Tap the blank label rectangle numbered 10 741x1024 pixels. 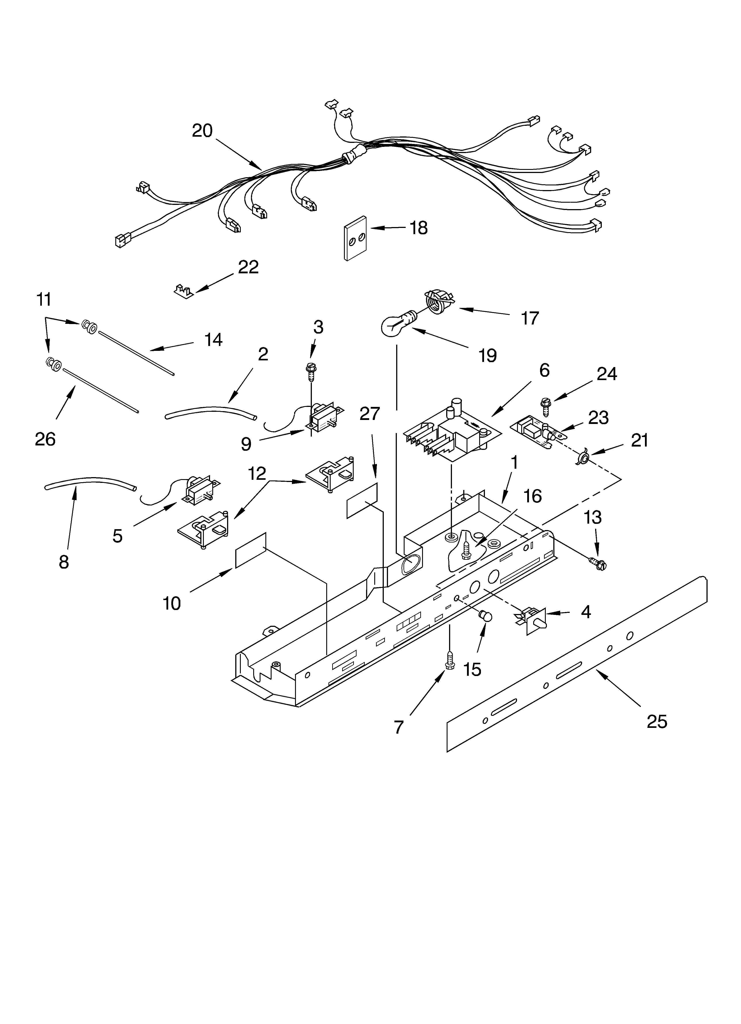(x=251, y=550)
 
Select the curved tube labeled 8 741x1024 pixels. (x=90, y=481)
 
